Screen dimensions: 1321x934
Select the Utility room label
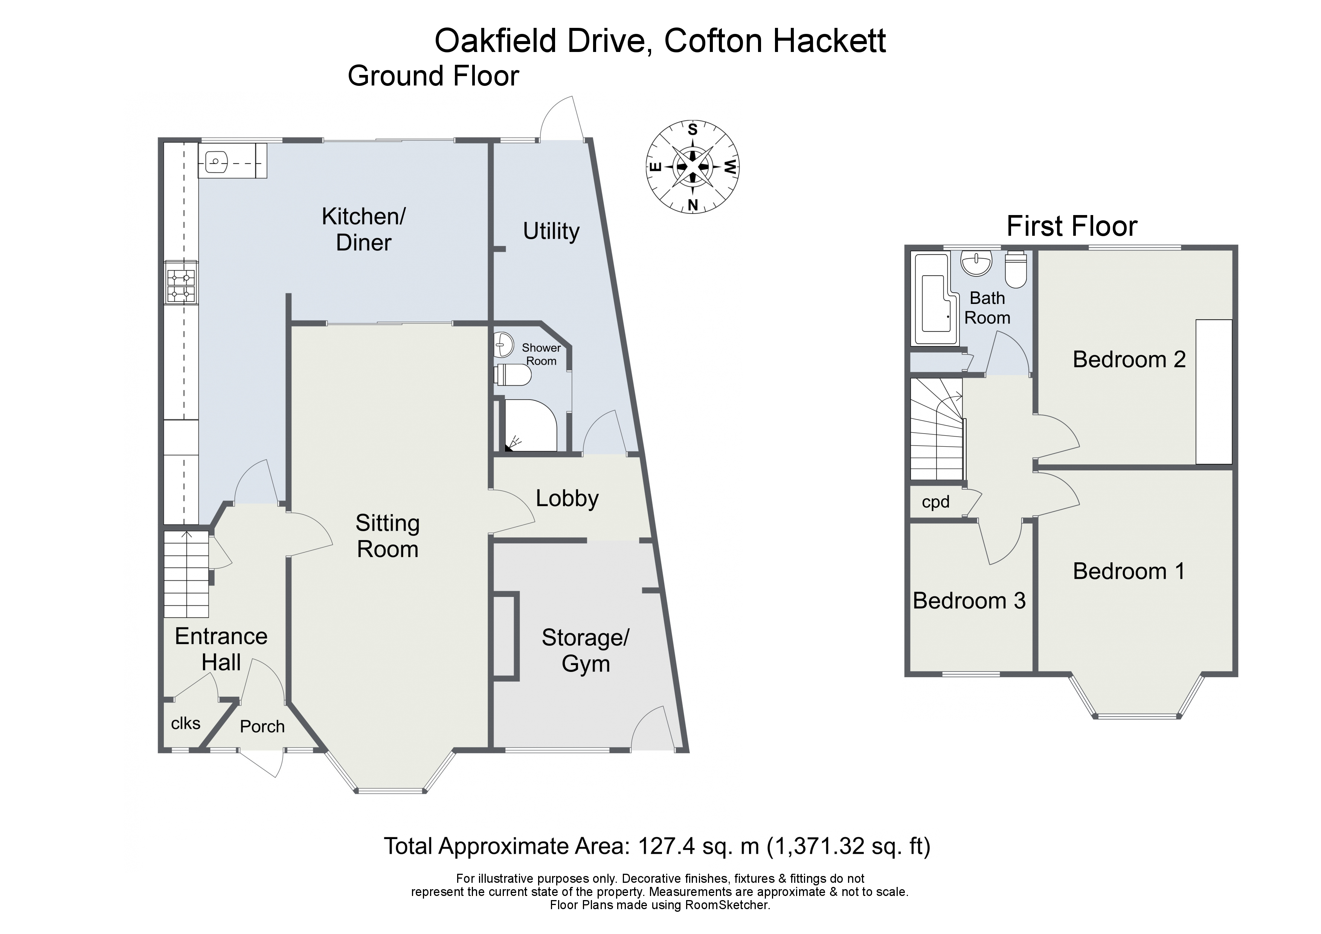(551, 231)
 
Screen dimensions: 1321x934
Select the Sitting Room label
(387, 536)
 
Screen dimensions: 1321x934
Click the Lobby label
(567, 498)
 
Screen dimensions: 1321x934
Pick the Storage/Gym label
(585, 651)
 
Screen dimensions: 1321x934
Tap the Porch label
(262, 727)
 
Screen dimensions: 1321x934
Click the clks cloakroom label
(185, 723)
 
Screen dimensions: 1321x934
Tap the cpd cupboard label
(935, 502)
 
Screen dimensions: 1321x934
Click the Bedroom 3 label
(969, 601)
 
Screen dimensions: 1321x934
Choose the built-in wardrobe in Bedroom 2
(1213, 391)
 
